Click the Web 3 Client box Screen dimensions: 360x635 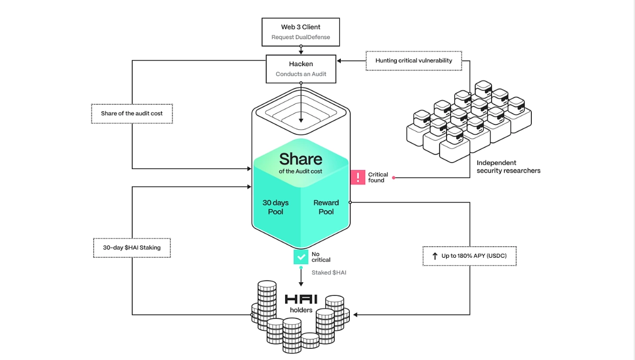pos(301,32)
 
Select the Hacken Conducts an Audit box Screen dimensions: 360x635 pos(301,69)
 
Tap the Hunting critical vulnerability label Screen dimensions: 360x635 pos(414,61)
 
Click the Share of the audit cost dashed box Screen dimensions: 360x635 pos(132,114)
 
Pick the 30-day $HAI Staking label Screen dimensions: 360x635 pos(132,248)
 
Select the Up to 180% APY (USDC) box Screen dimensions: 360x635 pos(469,256)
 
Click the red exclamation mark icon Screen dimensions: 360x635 pos(358,177)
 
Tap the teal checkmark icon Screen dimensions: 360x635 pos(301,257)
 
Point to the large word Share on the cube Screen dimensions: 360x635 pos(301,159)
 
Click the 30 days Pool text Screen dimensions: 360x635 pos(276,207)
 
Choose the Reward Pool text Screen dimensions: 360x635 pos(326,207)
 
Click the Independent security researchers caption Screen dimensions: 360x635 pos(508,167)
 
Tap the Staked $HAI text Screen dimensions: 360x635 pos(329,273)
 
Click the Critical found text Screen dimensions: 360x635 pos(378,177)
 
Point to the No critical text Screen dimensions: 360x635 pos(321,257)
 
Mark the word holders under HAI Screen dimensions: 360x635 pos(301,310)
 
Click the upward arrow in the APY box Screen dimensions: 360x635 pos(435,256)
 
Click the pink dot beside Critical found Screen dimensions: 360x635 pos(394,178)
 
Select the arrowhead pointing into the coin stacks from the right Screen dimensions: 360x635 pos(356,315)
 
